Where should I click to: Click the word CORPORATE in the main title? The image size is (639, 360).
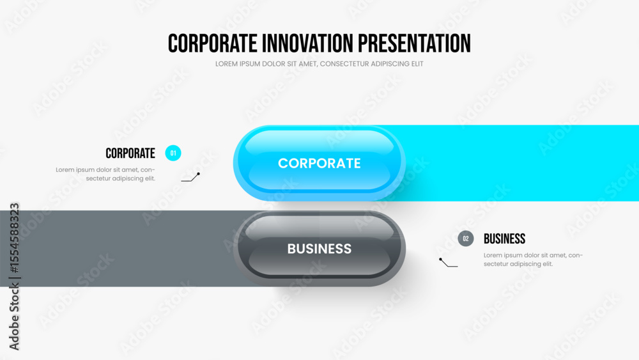tap(212, 43)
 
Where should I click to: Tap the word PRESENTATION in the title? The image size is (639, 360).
tap(415, 43)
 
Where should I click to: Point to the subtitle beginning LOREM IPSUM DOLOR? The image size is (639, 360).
tap(319, 64)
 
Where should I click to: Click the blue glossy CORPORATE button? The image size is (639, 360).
tap(319, 163)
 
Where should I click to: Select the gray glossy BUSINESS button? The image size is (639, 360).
tap(319, 249)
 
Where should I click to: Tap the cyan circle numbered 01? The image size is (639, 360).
tap(173, 153)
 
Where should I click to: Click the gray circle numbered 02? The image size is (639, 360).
tap(466, 239)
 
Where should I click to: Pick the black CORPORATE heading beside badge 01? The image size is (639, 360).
tap(130, 153)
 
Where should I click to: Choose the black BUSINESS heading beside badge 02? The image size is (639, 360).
tap(505, 239)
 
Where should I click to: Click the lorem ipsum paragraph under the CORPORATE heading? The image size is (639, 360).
tap(105, 174)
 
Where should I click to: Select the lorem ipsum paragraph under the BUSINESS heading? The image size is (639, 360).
tap(534, 260)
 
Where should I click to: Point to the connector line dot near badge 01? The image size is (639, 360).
tap(199, 174)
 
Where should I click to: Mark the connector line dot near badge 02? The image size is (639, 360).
tap(440, 260)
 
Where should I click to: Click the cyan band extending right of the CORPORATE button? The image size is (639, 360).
tap(521, 163)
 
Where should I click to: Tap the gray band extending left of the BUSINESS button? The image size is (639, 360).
tap(118, 249)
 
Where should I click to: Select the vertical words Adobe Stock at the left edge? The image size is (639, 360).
tap(14, 317)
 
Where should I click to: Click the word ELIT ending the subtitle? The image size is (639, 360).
tap(417, 64)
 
